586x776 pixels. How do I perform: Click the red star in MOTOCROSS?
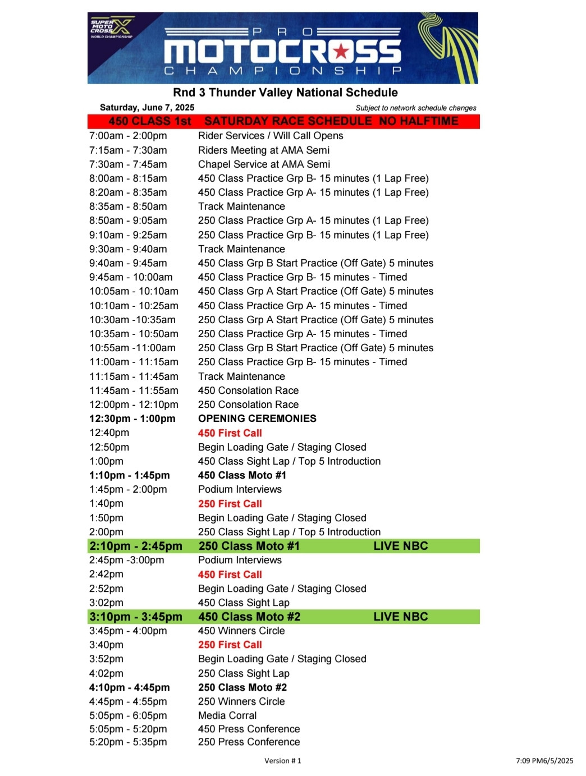341,52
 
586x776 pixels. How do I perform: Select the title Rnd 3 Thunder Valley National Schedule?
285,93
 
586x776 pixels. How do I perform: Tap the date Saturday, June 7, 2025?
147,107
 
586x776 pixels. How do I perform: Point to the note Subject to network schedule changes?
415,108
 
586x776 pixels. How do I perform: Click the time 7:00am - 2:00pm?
128,136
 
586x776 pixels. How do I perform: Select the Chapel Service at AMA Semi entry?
264,164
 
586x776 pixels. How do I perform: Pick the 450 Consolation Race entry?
248,391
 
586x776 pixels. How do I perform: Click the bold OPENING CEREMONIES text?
257,419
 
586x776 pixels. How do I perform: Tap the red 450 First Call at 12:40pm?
230,433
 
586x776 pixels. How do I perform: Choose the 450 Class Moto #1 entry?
242,475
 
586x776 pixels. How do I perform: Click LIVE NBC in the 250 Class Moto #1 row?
401,546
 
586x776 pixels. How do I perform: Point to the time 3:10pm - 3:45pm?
136,617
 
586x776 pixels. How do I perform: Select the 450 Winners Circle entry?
241,631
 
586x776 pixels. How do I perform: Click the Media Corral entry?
227,715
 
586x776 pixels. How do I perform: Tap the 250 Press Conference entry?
249,742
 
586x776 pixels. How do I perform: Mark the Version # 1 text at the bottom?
283,761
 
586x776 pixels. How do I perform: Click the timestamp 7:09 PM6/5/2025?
544,761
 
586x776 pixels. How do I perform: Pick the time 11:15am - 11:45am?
134,376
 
